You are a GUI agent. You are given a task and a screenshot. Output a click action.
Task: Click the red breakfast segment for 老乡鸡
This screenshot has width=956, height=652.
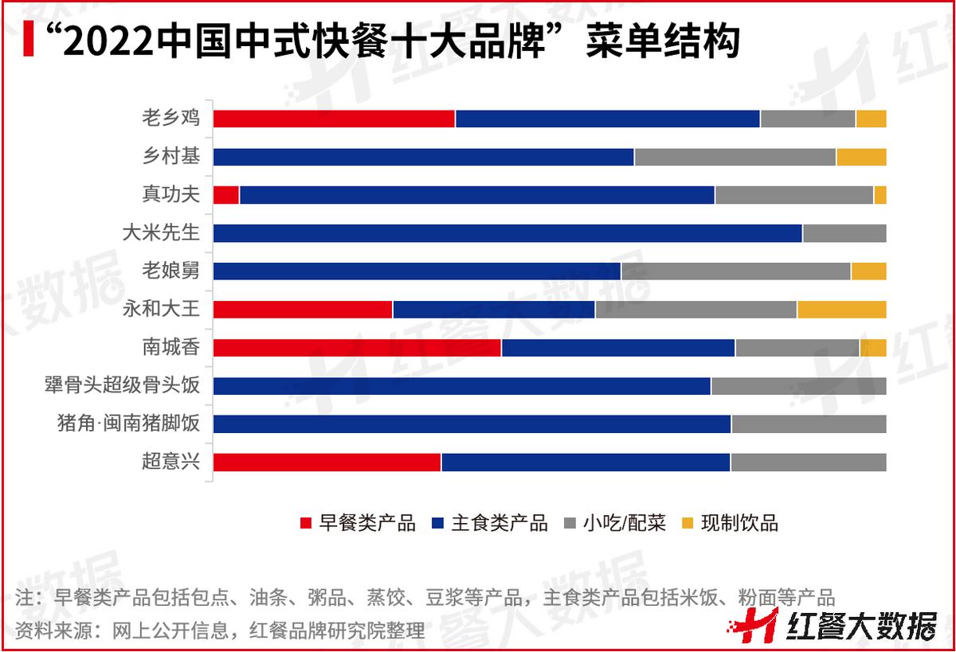point(334,119)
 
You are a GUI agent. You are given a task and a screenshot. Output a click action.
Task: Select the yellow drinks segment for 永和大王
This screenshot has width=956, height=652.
point(841,310)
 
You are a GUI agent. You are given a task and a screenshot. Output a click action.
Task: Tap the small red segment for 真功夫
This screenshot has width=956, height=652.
point(226,195)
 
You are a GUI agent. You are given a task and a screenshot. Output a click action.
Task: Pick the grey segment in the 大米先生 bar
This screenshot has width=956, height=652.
point(844,233)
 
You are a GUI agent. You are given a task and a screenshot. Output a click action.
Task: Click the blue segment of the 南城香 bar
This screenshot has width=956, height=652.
point(618,348)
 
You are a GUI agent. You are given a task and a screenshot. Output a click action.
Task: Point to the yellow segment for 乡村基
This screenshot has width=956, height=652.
point(861,157)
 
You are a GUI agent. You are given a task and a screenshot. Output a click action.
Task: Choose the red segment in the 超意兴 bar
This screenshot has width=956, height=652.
point(327,463)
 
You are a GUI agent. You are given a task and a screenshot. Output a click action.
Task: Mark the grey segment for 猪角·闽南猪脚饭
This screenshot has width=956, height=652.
point(809,424)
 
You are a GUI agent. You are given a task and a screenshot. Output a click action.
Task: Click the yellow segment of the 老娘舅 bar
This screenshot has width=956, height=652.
point(868,271)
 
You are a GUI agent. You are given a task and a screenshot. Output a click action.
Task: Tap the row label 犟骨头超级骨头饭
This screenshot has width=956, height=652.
point(122,386)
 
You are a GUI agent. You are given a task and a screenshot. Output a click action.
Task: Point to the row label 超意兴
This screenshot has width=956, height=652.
point(171,463)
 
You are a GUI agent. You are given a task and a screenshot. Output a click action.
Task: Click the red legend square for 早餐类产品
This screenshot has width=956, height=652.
point(305,524)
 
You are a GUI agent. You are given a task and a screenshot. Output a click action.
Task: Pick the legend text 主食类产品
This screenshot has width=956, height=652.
point(500,524)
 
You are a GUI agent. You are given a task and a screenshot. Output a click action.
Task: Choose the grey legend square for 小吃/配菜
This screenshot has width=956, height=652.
point(570,524)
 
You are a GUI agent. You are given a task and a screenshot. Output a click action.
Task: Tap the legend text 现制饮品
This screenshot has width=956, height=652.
point(739,524)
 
